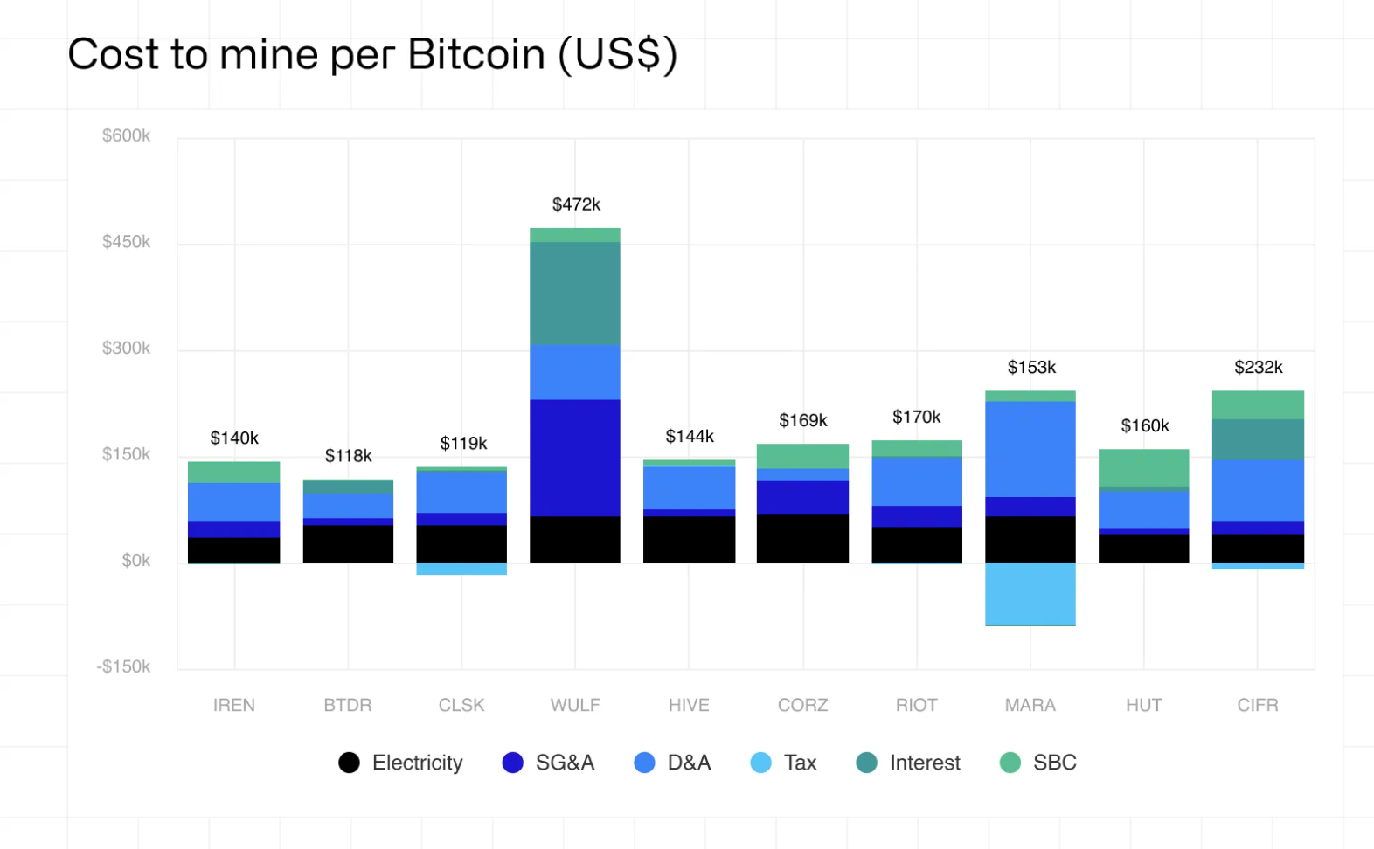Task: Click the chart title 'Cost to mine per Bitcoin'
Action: (372, 54)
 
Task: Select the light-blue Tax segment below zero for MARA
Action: (1030, 593)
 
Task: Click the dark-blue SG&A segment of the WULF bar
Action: (574, 458)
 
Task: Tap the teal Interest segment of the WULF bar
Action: (574, 293)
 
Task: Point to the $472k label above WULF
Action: (576, 204)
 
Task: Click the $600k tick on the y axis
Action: (126, 135)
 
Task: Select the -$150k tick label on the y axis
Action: (123, 666)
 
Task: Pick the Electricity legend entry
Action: (401, 763)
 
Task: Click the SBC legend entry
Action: (1038, 763)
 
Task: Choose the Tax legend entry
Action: (784, 763)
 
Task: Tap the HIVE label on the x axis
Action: (689, 705)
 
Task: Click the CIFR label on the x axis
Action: (1257, 705)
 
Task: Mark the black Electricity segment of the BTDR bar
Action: (348, 543)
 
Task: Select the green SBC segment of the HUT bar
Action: (1143, 467)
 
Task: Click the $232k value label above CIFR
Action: (1258, 367)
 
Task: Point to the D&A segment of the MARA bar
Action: (1030, 449)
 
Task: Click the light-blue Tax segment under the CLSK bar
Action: (461, 569)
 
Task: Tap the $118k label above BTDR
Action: (348, 456)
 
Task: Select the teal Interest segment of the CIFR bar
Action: (1257, 439)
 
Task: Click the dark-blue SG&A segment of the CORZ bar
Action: (802, 498)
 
